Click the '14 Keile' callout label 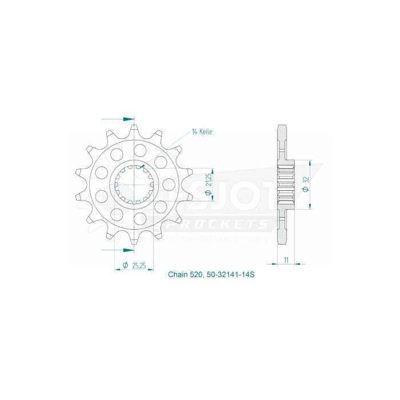tap(202, 131)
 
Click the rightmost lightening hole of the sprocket tap(169, 184)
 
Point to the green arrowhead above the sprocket tap(126, 119)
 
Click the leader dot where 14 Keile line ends tap(142, 166)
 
